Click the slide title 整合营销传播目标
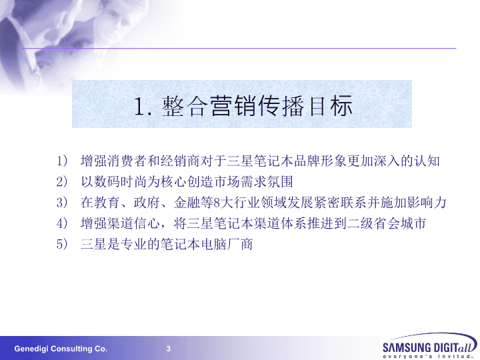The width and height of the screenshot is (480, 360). point(257,106)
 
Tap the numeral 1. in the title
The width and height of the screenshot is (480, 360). point(143,107)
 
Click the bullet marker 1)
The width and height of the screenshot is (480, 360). point(62,161)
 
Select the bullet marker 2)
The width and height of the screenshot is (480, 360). point(62,182)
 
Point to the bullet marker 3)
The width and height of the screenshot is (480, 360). point(62,203)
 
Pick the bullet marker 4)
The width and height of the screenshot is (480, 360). point(62,223)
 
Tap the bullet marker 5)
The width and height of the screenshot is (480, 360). point(62,244)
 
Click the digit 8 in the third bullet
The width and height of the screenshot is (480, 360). point(217,203)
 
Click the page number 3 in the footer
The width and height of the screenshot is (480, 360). point(169,349)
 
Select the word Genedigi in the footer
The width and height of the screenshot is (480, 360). point(31,349)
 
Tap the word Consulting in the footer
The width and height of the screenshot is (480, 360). point(71,349)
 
